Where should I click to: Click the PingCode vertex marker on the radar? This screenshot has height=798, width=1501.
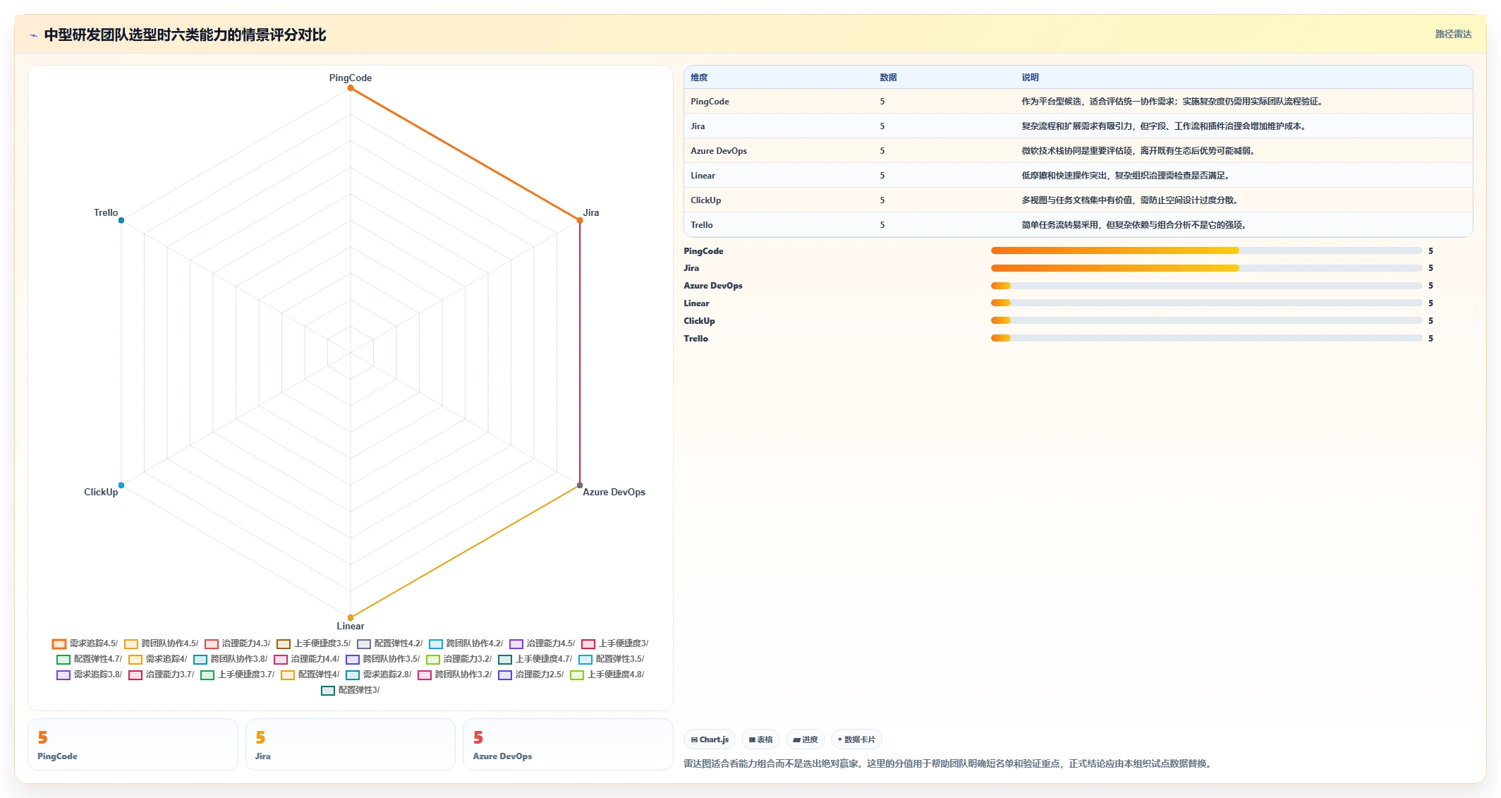[351, 88]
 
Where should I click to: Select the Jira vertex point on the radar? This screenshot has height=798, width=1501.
[580, 220]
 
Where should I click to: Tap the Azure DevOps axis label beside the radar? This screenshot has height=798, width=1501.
[614, 492]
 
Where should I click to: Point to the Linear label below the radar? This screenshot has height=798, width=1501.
[351, 626]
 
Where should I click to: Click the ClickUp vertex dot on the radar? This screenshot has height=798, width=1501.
[121, 485]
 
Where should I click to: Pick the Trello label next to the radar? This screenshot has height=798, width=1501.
[106, 212]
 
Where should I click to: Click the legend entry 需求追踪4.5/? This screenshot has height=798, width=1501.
[85, 643]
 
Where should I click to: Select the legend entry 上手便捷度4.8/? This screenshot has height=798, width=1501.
[607, 675]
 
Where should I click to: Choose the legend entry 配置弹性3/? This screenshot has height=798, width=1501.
[351, 690]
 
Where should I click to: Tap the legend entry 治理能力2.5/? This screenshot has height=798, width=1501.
[531, 675]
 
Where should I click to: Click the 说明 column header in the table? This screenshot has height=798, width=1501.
[1030, 78]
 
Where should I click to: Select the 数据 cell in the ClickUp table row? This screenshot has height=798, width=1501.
[882, 200]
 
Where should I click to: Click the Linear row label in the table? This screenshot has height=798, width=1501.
[703, 176]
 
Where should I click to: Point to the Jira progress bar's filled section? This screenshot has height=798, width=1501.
[1114, 268]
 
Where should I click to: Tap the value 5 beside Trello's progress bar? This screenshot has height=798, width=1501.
[1430, 339]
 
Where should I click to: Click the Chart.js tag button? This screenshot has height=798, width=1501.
[710, 739]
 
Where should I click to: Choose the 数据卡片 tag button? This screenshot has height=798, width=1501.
[856, 739]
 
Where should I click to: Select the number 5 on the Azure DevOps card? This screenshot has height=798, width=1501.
[478, 737]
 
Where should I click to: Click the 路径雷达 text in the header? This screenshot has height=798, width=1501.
[1453, 34]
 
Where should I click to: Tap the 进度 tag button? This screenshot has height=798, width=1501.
[806, 739]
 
